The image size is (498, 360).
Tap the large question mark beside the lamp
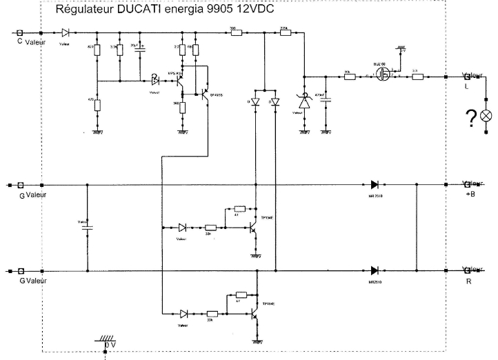point(471,118)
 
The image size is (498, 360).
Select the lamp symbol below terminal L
point(486,114)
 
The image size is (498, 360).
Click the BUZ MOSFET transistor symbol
point(381,76)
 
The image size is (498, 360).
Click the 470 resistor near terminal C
point(97,106)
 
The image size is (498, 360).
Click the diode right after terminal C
point(65,32)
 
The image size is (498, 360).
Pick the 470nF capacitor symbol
point(327,99)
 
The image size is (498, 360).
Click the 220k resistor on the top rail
point(284,32)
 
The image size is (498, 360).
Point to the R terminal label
point(469,282)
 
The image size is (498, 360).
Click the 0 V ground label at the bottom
point(111,343)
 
